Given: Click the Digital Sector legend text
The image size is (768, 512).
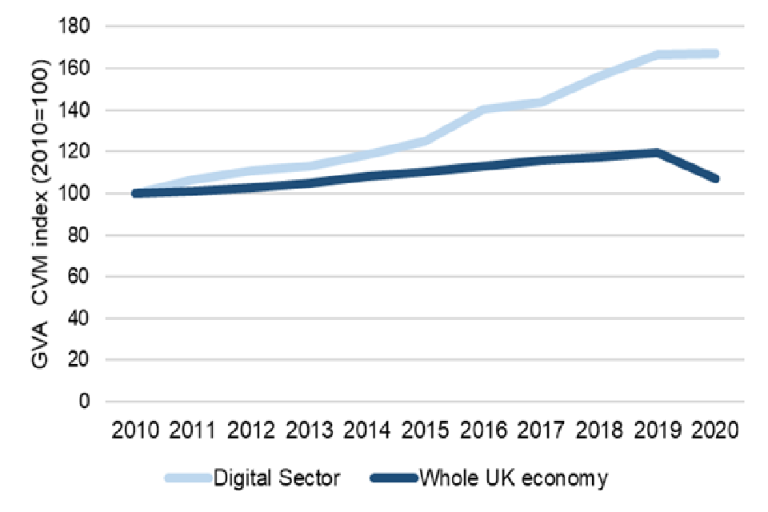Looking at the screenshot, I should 277,478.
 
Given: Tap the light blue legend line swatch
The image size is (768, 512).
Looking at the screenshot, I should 189,478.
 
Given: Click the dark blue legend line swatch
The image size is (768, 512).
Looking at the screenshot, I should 394,478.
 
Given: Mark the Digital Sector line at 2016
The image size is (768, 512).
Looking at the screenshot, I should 482,109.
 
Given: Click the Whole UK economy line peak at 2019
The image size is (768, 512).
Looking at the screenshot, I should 657,153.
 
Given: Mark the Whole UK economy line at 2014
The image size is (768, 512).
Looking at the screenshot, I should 367,175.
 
